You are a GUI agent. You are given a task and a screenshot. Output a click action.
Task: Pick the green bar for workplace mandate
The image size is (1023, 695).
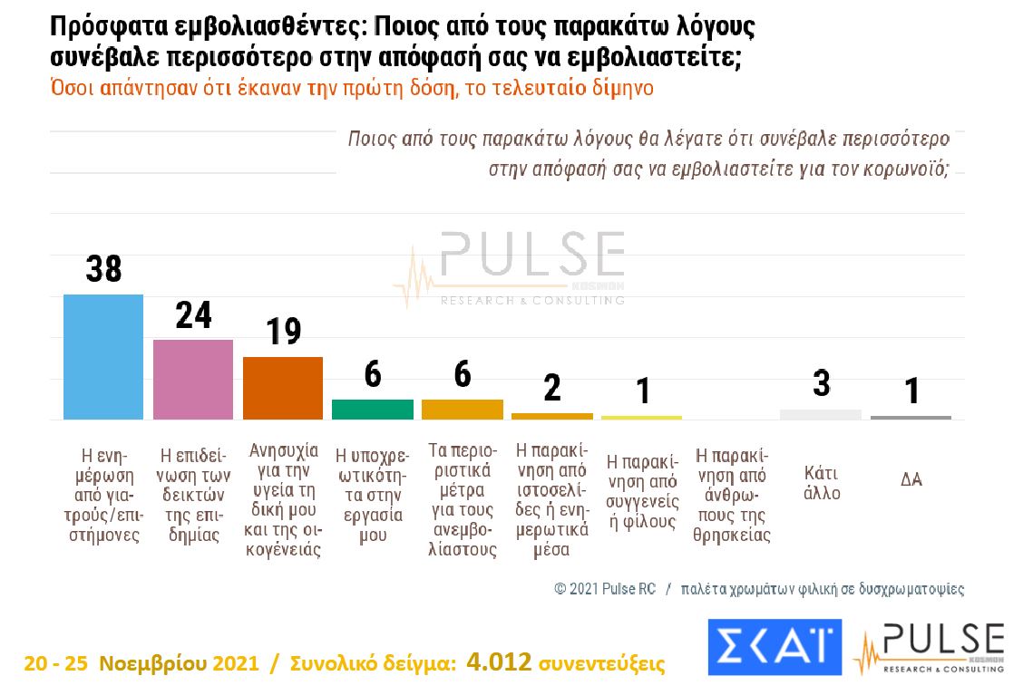[x=373, y=409]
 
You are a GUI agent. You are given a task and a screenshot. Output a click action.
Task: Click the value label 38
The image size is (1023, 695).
[x=103, y=269]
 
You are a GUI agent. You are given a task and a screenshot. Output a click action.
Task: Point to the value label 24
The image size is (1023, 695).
[x=193, y=315]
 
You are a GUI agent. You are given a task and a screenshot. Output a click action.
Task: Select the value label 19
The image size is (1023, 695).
[x=283, y=332]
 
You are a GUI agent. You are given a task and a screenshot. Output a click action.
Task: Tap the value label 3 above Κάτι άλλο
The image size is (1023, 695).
[x=821, y=384]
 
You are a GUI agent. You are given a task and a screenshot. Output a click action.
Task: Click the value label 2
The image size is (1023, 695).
[x=552, y=389]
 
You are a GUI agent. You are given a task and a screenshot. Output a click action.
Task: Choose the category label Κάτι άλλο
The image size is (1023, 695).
[x=821, y=483]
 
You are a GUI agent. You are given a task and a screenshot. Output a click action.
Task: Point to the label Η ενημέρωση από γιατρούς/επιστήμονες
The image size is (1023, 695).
[x=102, y=493]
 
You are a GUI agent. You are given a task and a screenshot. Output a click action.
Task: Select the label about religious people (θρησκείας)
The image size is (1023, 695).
[x=731, y=493]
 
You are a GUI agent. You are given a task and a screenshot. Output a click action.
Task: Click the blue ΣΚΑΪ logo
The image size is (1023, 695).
[x=774, y=647]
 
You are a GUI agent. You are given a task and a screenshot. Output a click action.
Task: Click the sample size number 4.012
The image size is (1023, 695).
[x=500, y=663]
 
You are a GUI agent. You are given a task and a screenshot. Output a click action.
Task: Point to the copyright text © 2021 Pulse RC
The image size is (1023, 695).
[x=604, y=589]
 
